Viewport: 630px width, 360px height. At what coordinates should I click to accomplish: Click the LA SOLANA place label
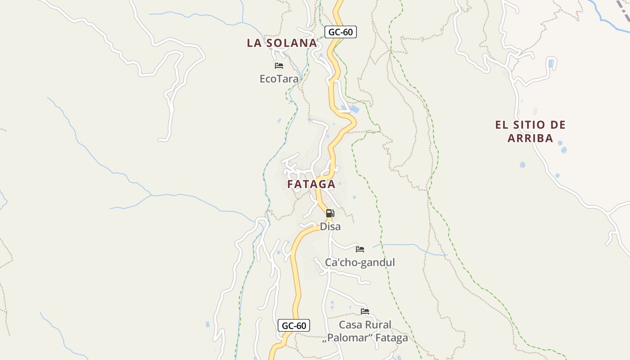pos(282,43)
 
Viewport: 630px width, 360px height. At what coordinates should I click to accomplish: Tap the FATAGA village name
pos(311,184)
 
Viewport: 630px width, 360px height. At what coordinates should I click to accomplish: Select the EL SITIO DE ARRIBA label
pos(530,131)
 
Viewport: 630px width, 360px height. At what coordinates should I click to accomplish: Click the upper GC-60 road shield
pos(340,32)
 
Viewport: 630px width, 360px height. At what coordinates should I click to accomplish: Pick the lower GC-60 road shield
pos(294,325)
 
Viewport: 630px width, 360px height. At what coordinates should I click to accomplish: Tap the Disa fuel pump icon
pos(330,213)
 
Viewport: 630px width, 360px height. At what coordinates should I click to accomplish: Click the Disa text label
pos(330,227)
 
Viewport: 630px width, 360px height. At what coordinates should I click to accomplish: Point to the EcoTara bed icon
pos(279,66)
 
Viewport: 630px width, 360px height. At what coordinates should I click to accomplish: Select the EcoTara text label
pos(279,79)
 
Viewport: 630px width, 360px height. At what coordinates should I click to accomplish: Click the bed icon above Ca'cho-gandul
pos(360,249)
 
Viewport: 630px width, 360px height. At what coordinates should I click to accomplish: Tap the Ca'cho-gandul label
pos(360,262)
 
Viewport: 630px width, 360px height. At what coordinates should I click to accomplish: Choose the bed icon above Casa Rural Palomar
pos(365,311)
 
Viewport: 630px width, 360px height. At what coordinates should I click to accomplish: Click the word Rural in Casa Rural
pos(378,324)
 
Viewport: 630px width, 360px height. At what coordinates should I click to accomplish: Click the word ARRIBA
pos(530,138)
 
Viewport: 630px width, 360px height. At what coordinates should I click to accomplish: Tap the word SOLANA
pos(291,43)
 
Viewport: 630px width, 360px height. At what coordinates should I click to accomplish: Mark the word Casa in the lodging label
pos(351,324)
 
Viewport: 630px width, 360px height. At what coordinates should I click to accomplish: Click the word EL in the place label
pos(501,125)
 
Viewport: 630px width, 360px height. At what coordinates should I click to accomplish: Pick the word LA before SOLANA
pos(253,43)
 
